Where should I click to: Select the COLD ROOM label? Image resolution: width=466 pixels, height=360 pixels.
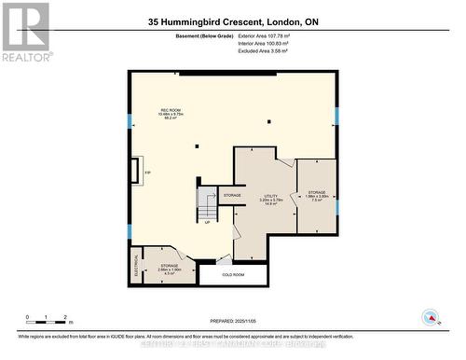coord(233,275)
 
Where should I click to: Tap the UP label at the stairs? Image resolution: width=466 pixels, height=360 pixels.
coord(206,223)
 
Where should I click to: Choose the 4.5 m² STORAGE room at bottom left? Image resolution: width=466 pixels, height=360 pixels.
coord(170,270)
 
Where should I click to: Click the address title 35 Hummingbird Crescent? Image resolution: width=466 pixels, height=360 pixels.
coord(232,21)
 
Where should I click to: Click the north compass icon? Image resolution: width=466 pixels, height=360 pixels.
coord(431,319)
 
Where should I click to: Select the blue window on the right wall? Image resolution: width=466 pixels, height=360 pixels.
coord(336,117)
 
